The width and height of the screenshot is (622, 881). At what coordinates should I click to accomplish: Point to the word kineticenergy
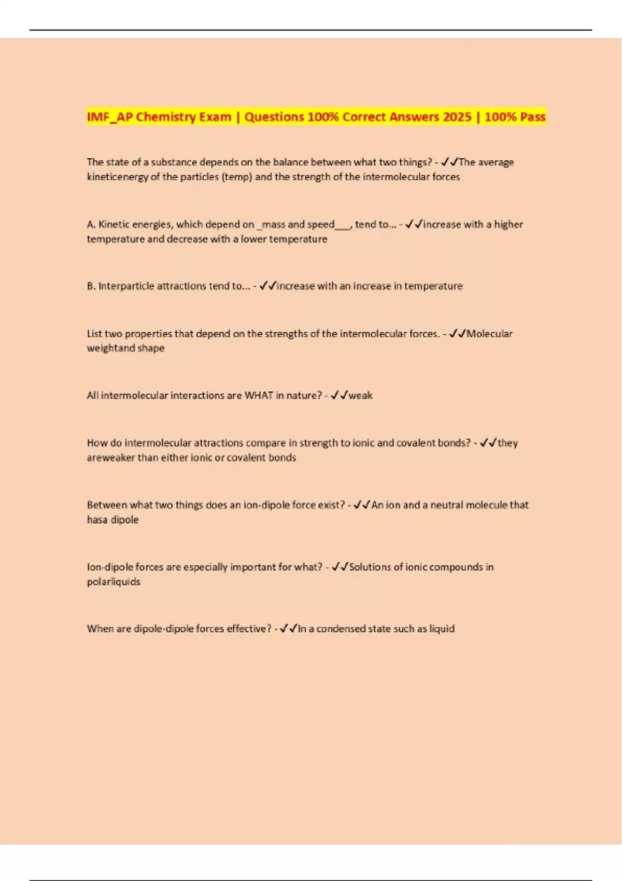point(118,177)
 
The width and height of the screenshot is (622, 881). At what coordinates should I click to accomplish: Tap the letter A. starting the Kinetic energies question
point(91,225)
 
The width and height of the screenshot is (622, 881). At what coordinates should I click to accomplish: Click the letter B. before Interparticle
point(91,286)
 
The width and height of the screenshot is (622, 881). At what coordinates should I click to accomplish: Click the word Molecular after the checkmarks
point(489,334)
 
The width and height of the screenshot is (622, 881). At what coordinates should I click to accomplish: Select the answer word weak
point(361,395)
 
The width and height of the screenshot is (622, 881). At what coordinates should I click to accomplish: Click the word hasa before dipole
point(97,520)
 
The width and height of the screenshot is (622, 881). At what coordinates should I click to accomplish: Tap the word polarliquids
point(114,582)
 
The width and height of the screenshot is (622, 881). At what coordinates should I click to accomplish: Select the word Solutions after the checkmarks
point(370,567)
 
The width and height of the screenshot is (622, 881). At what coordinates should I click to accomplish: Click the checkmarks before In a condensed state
point(288,629)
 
